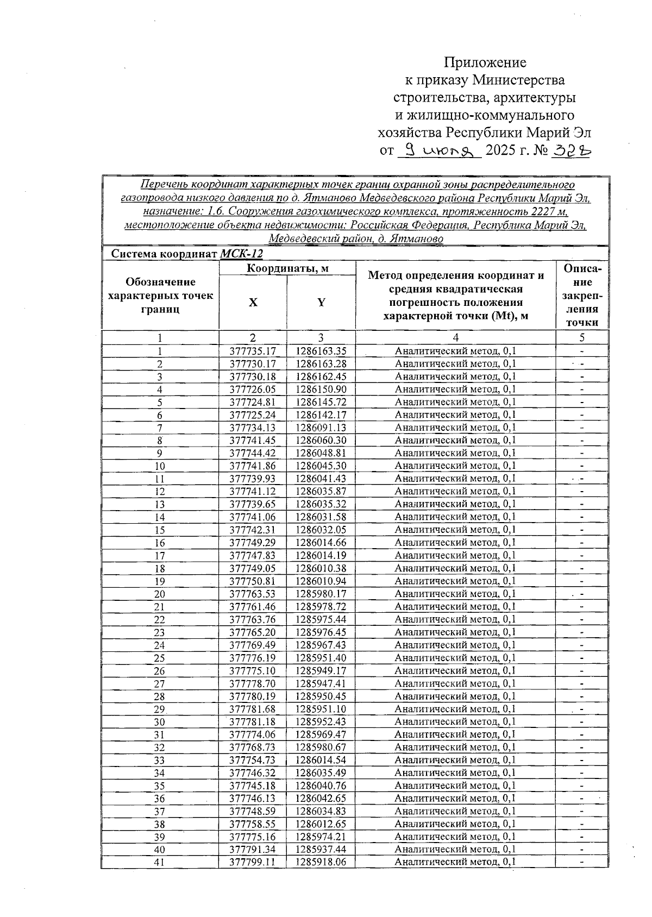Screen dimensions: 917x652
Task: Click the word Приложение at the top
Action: click(485, 62)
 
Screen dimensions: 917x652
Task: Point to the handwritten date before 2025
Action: click(439, 150)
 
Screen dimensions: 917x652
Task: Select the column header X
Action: click(253, 303)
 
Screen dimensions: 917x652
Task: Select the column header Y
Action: click(321, 303)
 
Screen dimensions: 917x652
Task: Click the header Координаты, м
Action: click(287, 268)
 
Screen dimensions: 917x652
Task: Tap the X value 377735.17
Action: click(253, 351)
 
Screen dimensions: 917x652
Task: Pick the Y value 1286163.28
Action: click(321, 363)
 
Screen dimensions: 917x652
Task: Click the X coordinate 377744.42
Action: click(253, 453)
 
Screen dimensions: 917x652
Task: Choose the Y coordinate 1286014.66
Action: click(321, 543)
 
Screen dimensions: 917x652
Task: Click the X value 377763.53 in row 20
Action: click(253, 594)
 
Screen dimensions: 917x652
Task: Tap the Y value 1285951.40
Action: click(321, 658)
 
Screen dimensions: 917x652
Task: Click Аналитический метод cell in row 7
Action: click(455, 428)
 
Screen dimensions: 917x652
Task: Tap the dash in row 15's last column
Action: click(582, 530)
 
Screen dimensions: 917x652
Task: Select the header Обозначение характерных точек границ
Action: click(160, 296)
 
